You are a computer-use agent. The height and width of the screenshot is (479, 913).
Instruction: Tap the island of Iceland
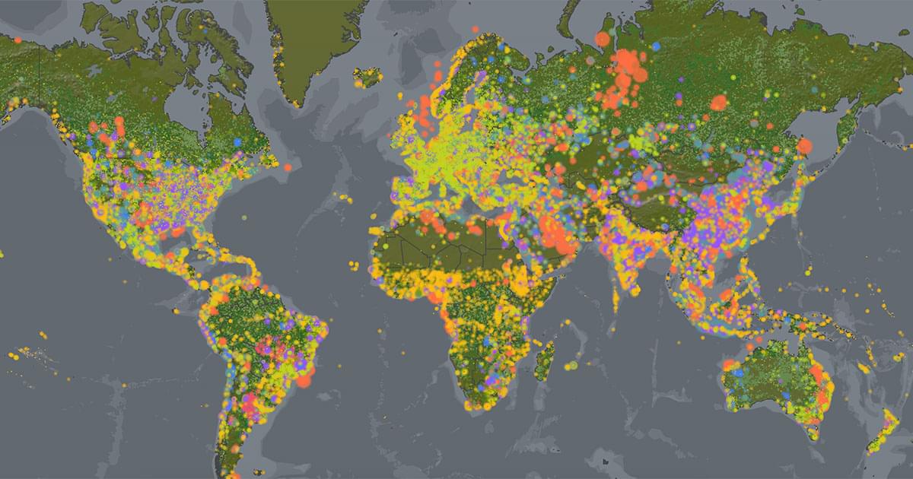(368, 76)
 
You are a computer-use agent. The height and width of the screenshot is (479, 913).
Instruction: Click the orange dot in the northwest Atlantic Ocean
(288, 167)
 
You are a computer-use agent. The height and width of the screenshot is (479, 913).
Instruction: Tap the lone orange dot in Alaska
(17, 39)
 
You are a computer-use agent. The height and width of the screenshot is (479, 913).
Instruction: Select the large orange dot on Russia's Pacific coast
(804, 145)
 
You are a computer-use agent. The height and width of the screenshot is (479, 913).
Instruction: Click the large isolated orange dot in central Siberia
(718, 102)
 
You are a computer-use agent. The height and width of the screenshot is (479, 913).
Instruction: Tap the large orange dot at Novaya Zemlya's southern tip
(602, 39)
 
